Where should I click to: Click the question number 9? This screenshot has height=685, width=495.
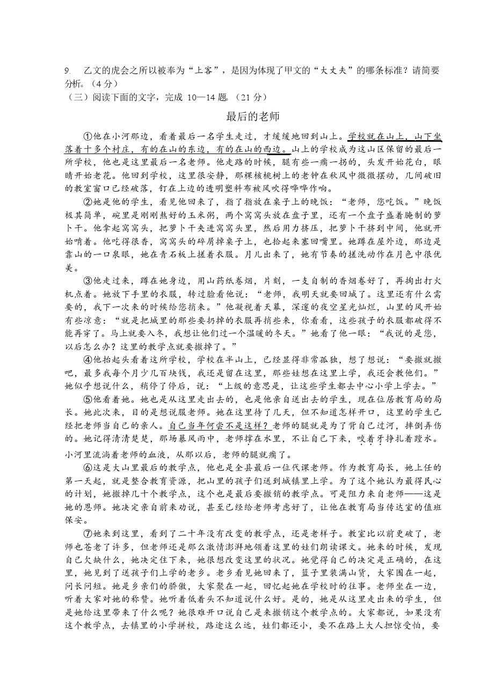tap(67, 71)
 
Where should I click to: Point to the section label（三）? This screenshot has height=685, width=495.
tap(78, 98)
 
